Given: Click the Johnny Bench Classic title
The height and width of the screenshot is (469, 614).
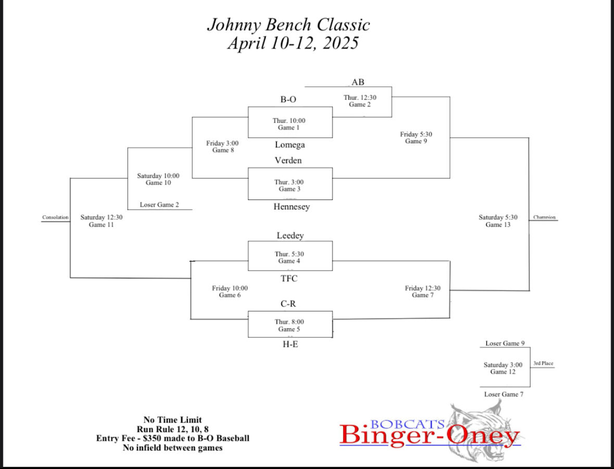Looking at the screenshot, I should coord(289,24).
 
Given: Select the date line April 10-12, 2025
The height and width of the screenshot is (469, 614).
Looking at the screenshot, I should coord(293,43).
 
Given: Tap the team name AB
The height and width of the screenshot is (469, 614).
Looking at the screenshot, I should coord(358,82).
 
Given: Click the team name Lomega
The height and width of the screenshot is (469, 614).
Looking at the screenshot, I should coord(290,145).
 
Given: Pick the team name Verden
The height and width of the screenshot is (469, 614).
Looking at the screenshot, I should coord(288,161).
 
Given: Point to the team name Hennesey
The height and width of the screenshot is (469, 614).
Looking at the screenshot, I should coord(292,207).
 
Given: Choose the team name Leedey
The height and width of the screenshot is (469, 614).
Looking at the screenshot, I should coord(290,236).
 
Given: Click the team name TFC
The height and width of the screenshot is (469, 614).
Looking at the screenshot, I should coord(289,279).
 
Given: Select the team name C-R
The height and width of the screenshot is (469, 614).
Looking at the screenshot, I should coord(289,304).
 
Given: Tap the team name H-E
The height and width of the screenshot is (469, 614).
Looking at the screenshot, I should coord(290,344).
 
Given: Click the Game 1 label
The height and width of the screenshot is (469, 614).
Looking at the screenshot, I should coord(289,128).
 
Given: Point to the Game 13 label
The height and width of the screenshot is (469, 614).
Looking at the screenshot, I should coord(498,225).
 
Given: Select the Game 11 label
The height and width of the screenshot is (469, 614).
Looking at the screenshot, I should coord(101,225).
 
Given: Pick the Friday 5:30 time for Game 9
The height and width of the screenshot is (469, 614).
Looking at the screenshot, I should coord(416,134).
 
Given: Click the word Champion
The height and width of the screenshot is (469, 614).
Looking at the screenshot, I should coord(544,217).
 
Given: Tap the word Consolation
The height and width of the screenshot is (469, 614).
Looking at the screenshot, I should coord(55,217).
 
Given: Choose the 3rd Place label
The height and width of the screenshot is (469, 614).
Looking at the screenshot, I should coord(543,363).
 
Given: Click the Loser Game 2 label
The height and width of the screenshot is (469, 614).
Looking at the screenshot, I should coord(159,205).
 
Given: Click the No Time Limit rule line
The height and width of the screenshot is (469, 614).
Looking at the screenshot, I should coord(172,419).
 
